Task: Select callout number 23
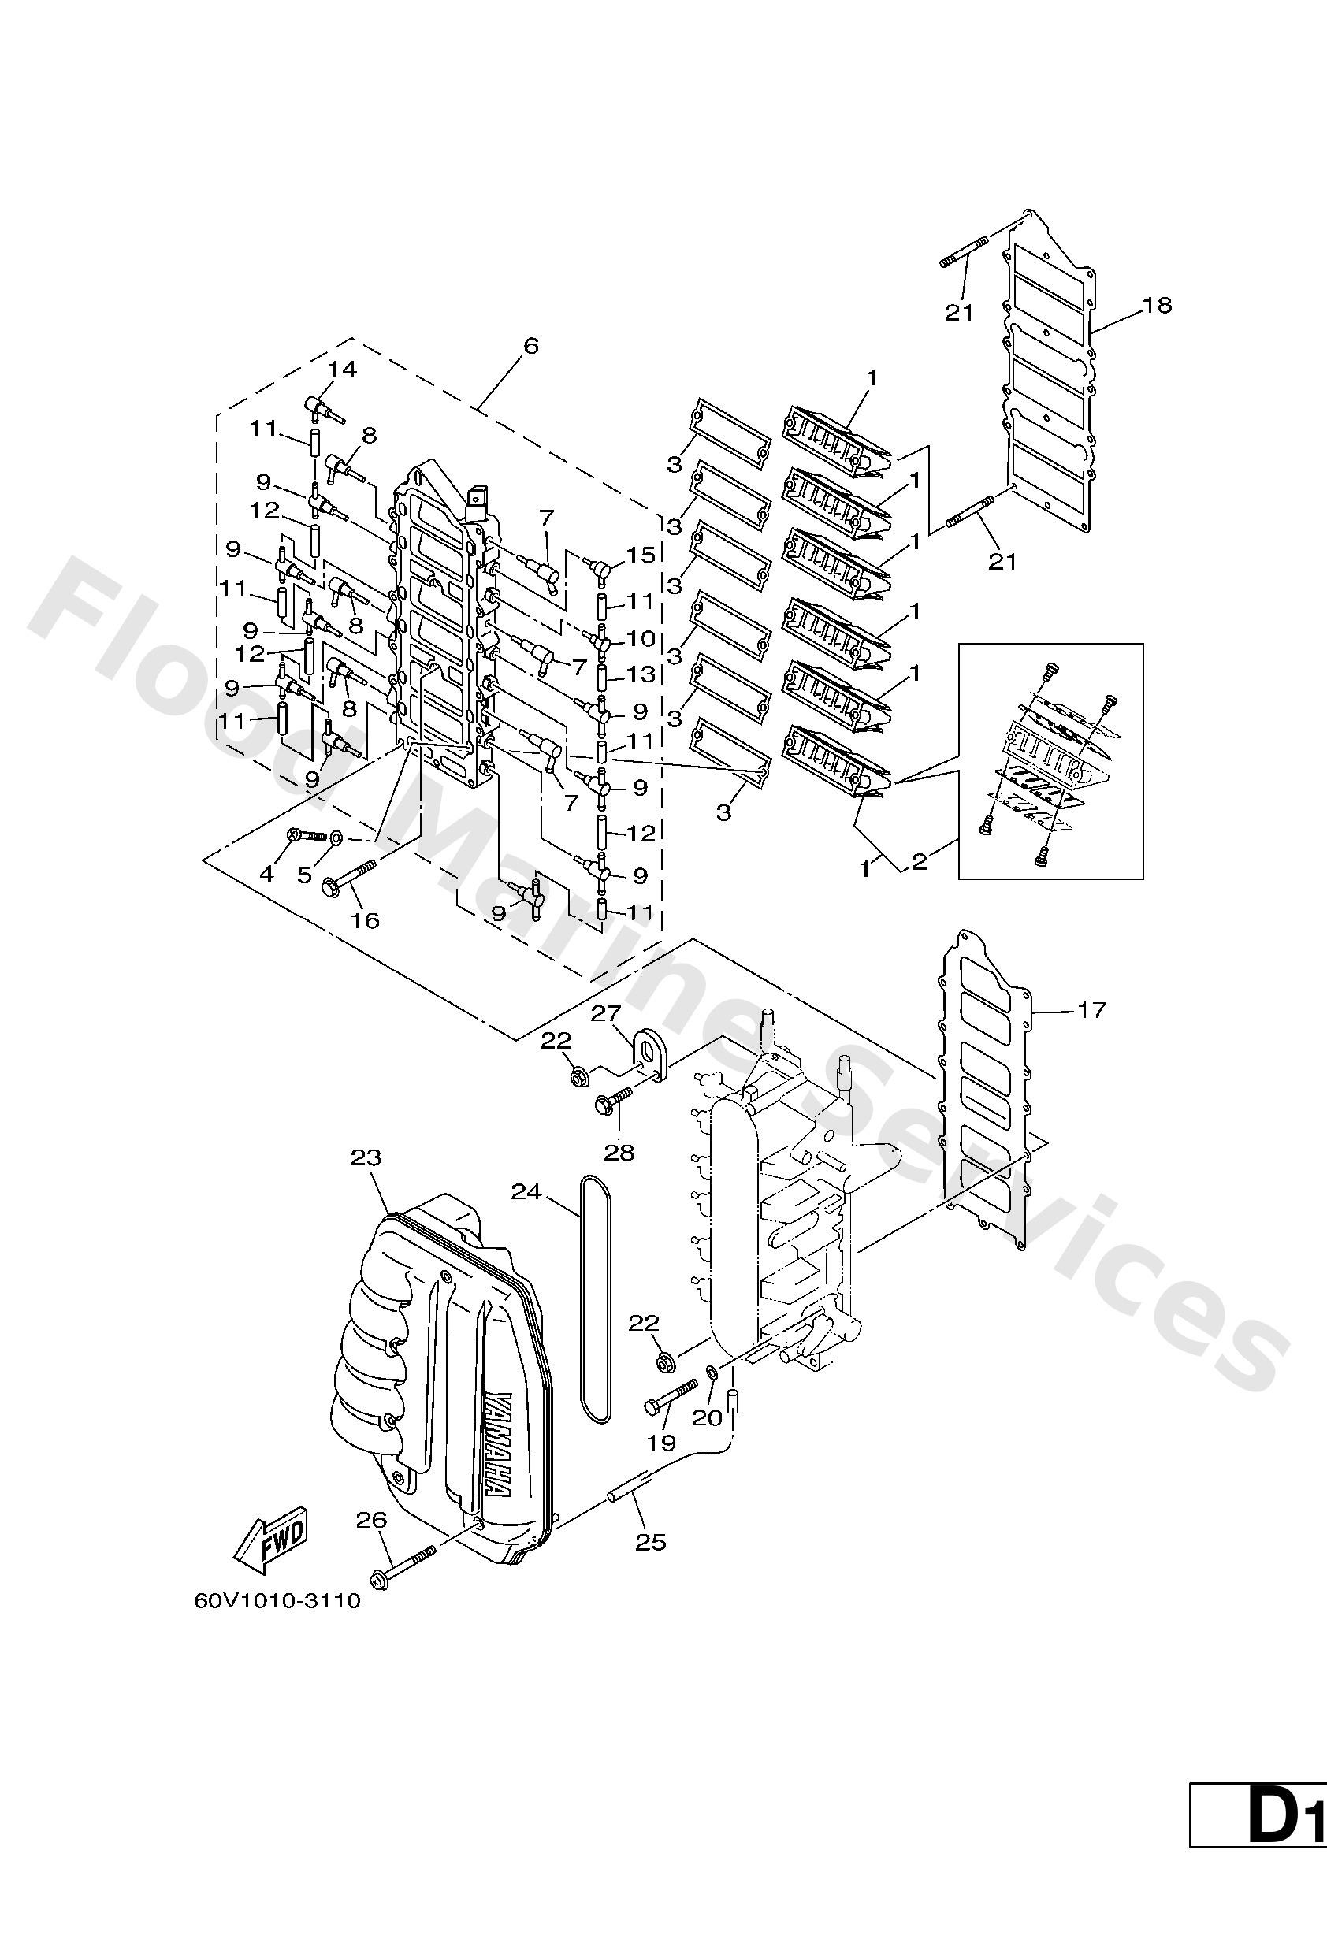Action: (x=366, y=1157)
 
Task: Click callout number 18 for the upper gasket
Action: (x=1157, y=305)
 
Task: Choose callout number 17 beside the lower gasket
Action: (x=1091, y=1009)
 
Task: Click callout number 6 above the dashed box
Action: (x=530, y=347)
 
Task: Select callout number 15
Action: (x=641, y=555)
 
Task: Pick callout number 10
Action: (x=641, y=639)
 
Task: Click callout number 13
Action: (x=641, y=674)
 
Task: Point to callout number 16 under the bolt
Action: (x=365, y=919)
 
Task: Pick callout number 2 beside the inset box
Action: (x=918, y=863)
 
